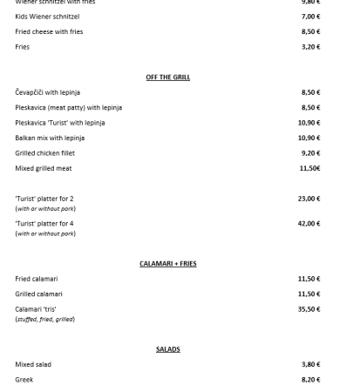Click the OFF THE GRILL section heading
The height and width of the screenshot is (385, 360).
(167, 78)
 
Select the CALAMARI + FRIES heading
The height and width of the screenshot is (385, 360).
(167, 263)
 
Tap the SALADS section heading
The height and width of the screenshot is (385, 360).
(167, 349)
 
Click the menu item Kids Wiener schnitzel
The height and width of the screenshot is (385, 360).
(47, 17)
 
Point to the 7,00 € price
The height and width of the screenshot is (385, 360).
(309, 17)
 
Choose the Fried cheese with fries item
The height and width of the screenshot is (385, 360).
(49, 31)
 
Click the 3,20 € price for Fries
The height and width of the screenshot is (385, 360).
(309, 46)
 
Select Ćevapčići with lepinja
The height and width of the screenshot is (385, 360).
(47, 92)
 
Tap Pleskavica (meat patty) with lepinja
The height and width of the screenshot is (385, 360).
(68, 107)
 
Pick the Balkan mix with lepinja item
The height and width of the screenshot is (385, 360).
(50, 138)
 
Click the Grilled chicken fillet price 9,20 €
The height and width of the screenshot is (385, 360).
(309, 152)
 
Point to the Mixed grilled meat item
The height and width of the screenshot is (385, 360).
(44, 167)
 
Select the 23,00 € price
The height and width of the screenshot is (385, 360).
(309, 199)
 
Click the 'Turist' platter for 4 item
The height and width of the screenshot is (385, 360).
(44, 224)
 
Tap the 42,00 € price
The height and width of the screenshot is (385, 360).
(309, 224)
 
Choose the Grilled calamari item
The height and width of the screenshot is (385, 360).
(38, 294)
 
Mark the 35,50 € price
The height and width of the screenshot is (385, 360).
(309, 309)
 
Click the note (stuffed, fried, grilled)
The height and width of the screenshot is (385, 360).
(44, 319)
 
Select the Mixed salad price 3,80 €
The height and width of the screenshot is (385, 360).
(309, 365)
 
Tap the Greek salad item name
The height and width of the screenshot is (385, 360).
(24, 380)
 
